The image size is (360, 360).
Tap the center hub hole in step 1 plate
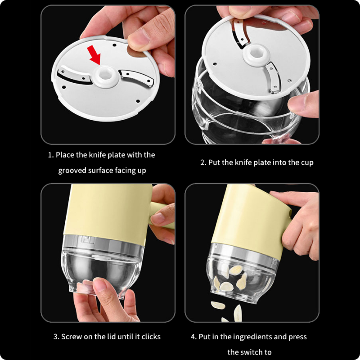click(x=105, y=74)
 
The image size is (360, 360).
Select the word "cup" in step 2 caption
click(x=307, y=163)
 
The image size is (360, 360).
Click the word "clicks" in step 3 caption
click(x=151, y=337)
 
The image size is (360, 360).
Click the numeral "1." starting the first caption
click(x=51, y=155)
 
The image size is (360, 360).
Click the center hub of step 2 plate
click(x=256, y=54)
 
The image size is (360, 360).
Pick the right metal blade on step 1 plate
click(x=136, y=77)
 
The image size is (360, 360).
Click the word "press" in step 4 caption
click(x=297, y=337)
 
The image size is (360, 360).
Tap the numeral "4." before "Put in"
click(x=194, y=337)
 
